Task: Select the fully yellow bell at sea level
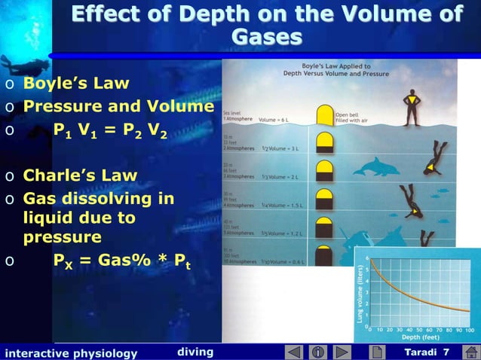[x=324, y=115]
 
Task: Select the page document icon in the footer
[x=375, y=352]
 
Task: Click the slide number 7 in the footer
[x=446, y=352]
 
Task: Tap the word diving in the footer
[x=195, y=352]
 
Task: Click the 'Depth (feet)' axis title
[x=420, y=339]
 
